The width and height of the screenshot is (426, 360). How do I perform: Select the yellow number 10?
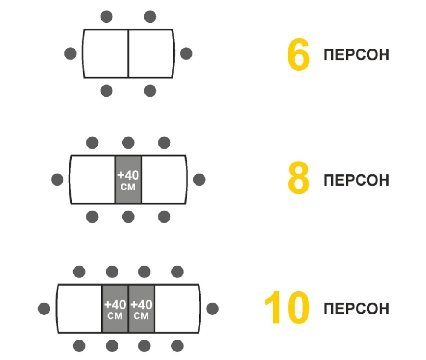(x=286, y=307)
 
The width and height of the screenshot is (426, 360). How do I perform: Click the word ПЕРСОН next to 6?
(x=356, y=55)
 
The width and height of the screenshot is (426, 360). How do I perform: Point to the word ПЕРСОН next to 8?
(x=356, y=180)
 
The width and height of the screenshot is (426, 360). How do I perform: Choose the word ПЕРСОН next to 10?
(x=356, y=308)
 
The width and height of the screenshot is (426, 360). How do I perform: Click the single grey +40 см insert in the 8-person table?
(x=128, y=180)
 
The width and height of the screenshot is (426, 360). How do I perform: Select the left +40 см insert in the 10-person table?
(x=115, y=309)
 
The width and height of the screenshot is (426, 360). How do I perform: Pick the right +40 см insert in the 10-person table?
(x=141, y=309)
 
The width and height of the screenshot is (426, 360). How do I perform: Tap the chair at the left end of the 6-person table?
(x=70, y=54)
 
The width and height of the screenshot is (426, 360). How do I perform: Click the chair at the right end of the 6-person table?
(x=186, y=54)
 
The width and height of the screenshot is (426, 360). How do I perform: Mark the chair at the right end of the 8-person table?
(x=199, y=180)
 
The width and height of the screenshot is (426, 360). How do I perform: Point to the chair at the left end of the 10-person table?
(x=44, y=309)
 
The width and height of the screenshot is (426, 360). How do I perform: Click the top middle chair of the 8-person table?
(x=128, y=143)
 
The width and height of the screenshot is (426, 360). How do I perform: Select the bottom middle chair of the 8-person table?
(x=128, y=217)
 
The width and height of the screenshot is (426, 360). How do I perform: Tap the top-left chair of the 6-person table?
(x=106, y=17)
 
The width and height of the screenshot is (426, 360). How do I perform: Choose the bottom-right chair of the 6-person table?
(x=150, y=91)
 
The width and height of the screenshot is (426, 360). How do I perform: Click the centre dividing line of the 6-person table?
(x=128, y=54)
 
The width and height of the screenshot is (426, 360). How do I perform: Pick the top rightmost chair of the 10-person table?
(x=177, y=271)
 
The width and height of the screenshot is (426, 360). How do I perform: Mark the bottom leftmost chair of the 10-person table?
(x=79, y=346)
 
